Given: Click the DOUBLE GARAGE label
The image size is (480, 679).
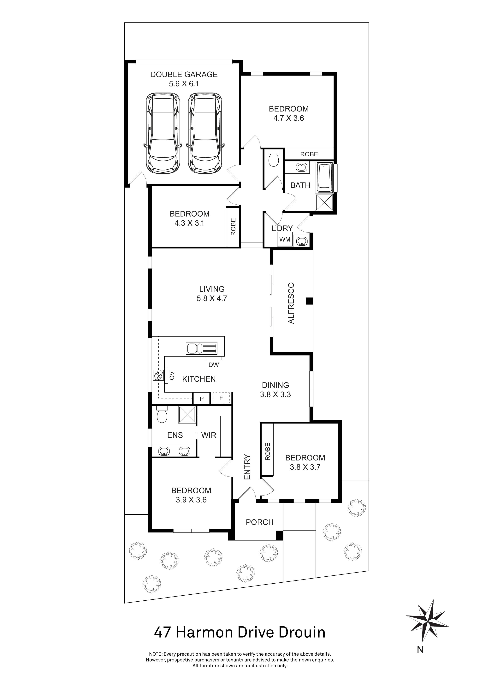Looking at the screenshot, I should pyautogui.click(x=184, y=75).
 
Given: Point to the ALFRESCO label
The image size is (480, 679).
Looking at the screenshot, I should pyautogui.click(x=291, y=303).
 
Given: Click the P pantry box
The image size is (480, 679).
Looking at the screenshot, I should pyautogui.click(x=202, y=399).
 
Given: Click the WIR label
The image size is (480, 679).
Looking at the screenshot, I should pyautogui.click(x=209, y=435).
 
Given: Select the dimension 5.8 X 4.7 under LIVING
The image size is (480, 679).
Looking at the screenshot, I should pyautogui.click(x=212, y=298).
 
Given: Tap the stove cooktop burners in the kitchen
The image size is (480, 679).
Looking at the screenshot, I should pyautogui.click(x=157, y=375).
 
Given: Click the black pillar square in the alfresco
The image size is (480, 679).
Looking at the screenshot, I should pyautogui.click(x=309, y=301).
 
